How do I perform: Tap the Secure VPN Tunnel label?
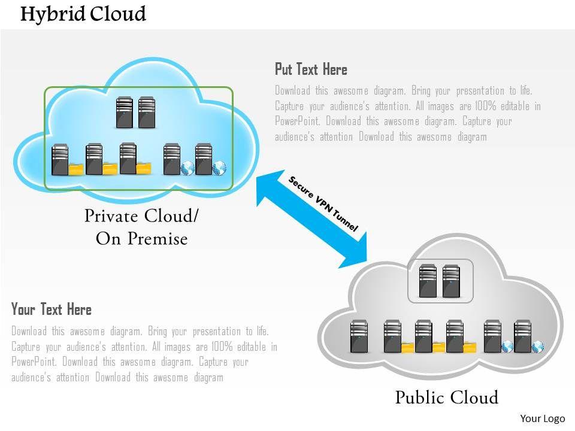click(x=323, y=204)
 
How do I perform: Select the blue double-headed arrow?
click(x=311, y=219)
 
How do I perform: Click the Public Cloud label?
click(x=446, y=397)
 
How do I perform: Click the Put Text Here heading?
click(x=311, y=69)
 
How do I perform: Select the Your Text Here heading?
click(x=52, y=309)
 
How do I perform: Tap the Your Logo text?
click(x=539, y=418)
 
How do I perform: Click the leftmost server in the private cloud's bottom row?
click(x=60, y=159)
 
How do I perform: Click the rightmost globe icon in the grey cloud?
click(x=537, y=347)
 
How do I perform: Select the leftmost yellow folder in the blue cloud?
click(x=76, y=169)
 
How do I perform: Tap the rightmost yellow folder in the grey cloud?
click(x=470, y=347)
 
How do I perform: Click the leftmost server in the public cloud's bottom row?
click(x=359, y=336)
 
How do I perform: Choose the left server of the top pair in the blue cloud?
click(x=124, y=113)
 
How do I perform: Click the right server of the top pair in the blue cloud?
click(x=147, y=113)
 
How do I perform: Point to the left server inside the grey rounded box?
click(x=428, y=281)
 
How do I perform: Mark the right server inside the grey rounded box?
click(x=451, y=281)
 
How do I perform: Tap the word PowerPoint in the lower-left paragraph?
click(x=33, y=362)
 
